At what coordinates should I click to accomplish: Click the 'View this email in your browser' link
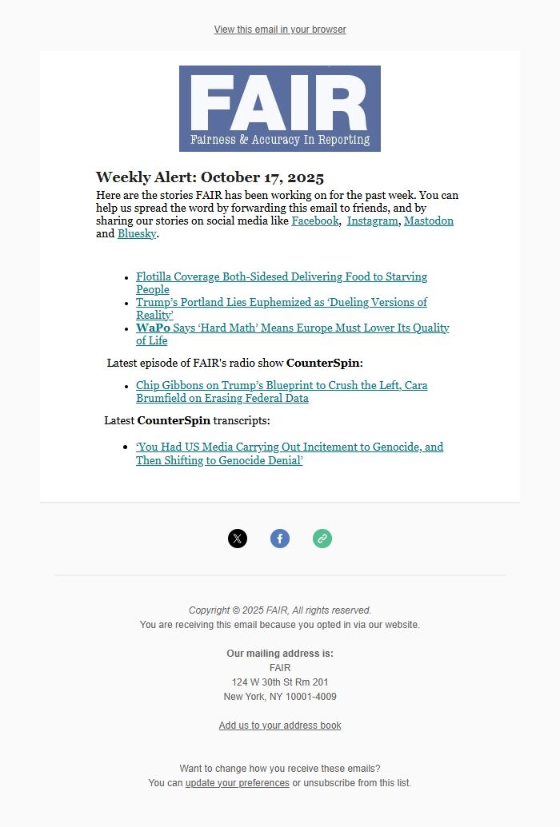(x=280, y=30)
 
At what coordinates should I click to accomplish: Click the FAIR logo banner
(x=280, y=109)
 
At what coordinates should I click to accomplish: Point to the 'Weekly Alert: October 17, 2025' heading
(x=210, y=177)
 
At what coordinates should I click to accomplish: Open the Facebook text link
(x=314, y=221)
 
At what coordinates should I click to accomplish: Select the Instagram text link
(x=372, y=221)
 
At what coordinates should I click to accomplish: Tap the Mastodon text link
(x=428, y=221)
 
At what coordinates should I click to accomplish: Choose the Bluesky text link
(x=137, y=234)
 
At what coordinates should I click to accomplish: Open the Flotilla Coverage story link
(x=281, y=277)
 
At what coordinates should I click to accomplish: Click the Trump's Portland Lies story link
(x=281, y=303)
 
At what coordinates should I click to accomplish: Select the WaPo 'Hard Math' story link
(x=292, y=328)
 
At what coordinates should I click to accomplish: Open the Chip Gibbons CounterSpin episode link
(x=281, y=386)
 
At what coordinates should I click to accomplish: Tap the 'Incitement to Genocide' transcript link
(x=289, y=447)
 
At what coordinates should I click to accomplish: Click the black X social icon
(x=238, y=539)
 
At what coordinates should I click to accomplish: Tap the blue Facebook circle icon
(x=280, y=539)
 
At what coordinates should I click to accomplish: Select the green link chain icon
(x=322, y=539)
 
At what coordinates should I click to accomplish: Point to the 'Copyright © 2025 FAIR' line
(x=280, y=610)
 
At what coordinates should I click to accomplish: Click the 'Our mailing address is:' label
(x=280, y=654)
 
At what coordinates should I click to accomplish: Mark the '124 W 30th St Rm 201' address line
(x=280, y=682)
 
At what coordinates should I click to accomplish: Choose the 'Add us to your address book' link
(x=280, y=726)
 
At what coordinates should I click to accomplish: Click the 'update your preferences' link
(x=238, y=783)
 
